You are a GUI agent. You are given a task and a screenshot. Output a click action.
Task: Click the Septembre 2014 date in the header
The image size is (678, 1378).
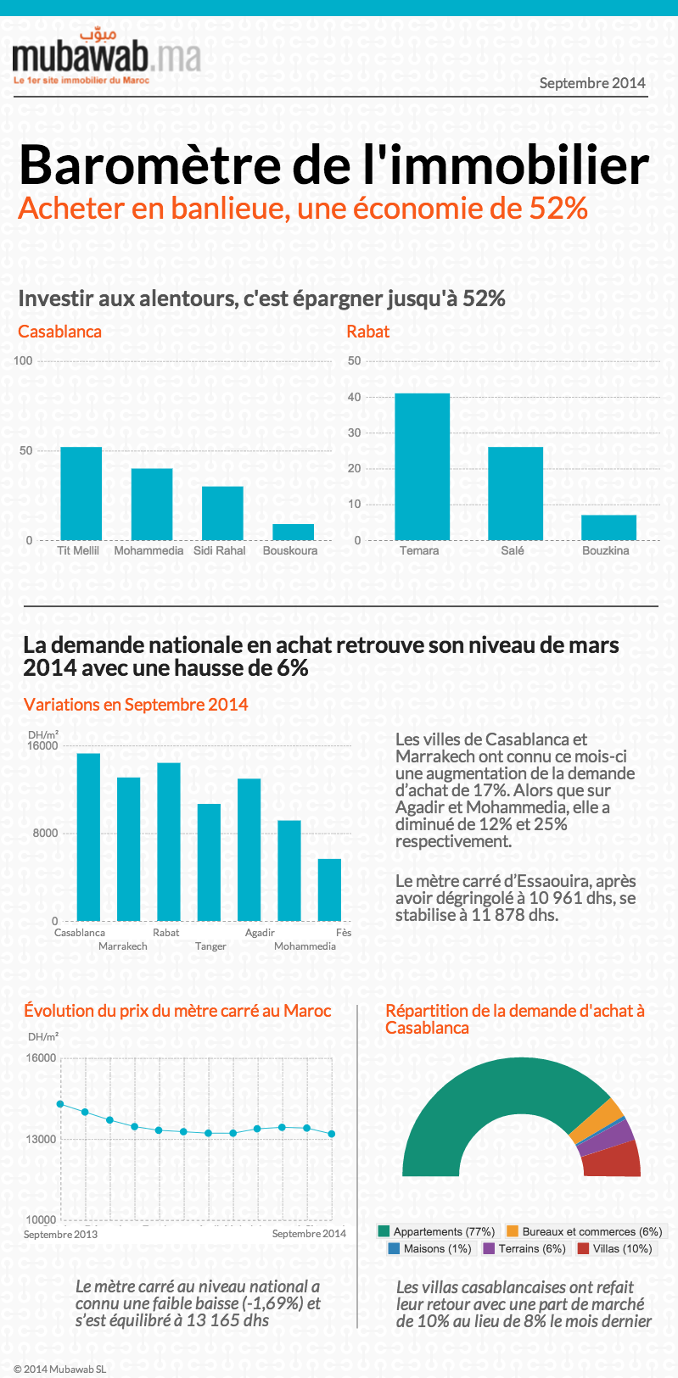click(592, 83)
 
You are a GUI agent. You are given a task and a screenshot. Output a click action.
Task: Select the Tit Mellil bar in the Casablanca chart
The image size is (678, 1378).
click(81, 494)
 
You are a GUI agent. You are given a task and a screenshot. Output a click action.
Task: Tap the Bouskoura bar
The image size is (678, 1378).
click(293, 532)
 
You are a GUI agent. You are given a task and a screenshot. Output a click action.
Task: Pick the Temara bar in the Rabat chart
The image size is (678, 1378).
click(422, 466)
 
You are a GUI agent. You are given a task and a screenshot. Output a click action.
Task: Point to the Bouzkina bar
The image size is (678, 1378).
click(608, 527)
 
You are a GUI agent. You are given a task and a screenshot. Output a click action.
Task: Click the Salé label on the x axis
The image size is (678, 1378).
click(513, 550)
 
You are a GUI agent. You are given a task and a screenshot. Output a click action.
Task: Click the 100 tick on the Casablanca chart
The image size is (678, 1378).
click(23, 360)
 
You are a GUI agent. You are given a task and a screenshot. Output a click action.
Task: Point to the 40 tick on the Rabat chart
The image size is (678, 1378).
click(354, 397)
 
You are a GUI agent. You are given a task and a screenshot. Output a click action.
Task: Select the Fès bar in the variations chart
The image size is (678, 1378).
click(329, 890)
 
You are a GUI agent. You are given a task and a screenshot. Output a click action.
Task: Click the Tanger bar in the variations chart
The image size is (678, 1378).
click(209, 862)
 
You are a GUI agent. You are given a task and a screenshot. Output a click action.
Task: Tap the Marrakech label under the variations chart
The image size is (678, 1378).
click(123, 946)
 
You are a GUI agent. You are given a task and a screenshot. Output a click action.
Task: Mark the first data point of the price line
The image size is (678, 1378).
click(60, 1103)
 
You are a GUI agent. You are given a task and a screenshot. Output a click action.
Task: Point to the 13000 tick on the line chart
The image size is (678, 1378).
click(41, 1139)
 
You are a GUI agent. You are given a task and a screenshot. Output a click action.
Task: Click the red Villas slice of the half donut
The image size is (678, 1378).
click(614, 1159)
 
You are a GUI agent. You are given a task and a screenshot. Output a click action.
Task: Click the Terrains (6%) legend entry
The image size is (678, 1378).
click(524, 1248)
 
